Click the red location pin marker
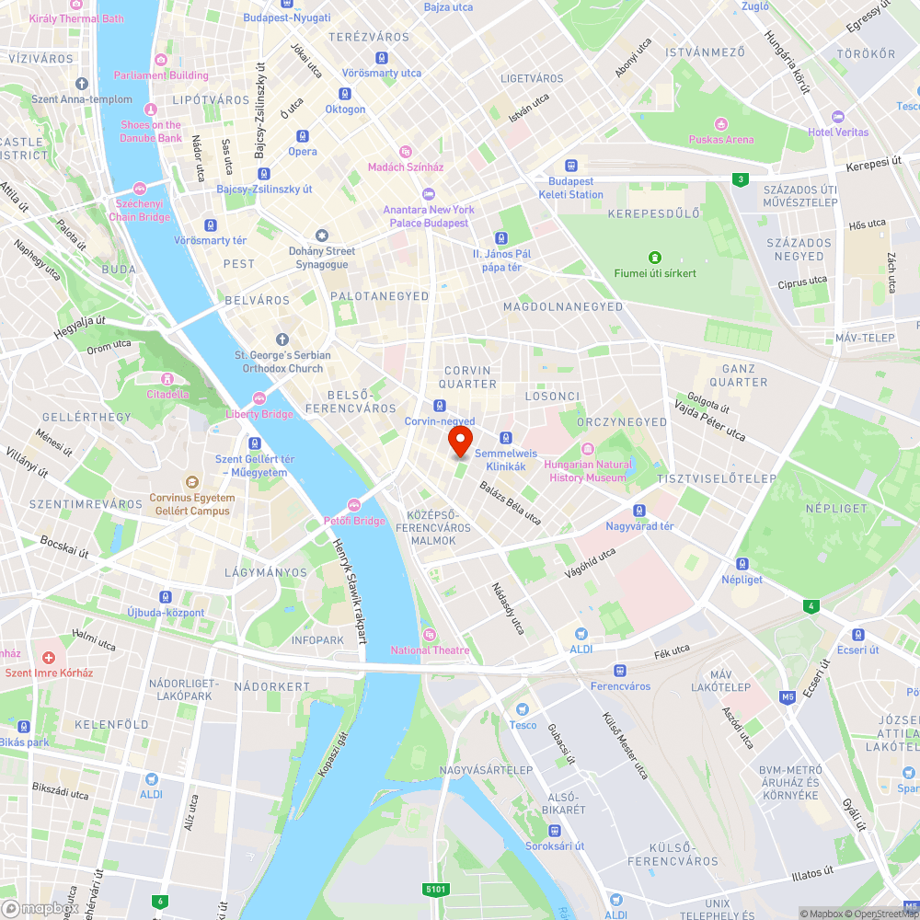pos(460,440)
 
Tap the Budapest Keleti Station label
pos(571,188)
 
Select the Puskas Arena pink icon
pos(721,123)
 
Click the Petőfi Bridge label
pos(354,521)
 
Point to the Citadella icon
pos(167,379)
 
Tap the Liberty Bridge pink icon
pos(259,398)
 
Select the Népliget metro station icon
pos(742,564)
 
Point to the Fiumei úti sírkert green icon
pos(655,258)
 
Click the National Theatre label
pos(431,650)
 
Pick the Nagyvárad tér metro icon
pos(639,511)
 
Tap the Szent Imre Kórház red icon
pos(49,659)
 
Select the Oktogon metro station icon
pos(345,94)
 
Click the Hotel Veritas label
pos(838,132)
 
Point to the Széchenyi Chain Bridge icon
pos(140,189)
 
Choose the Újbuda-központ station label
pos(166,613)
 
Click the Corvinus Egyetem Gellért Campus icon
pos(191,482)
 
